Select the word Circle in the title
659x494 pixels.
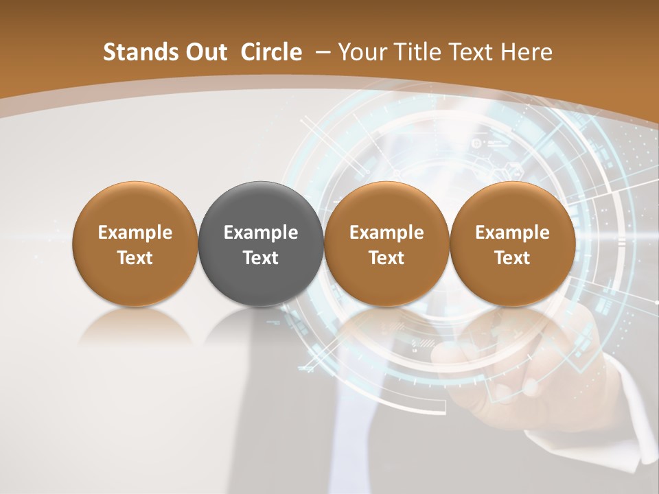[271, 52]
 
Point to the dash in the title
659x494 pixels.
[321, 52]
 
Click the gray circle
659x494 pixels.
[260, 244]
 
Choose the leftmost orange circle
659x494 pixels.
[135, 244]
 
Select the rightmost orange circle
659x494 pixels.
[512, 244]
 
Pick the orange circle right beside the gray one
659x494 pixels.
[386, 244]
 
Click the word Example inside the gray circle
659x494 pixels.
[261, 233]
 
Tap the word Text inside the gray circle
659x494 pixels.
[261, 258]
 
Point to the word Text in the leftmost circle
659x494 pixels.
[135, 258]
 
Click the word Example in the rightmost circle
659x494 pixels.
[512, 233]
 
